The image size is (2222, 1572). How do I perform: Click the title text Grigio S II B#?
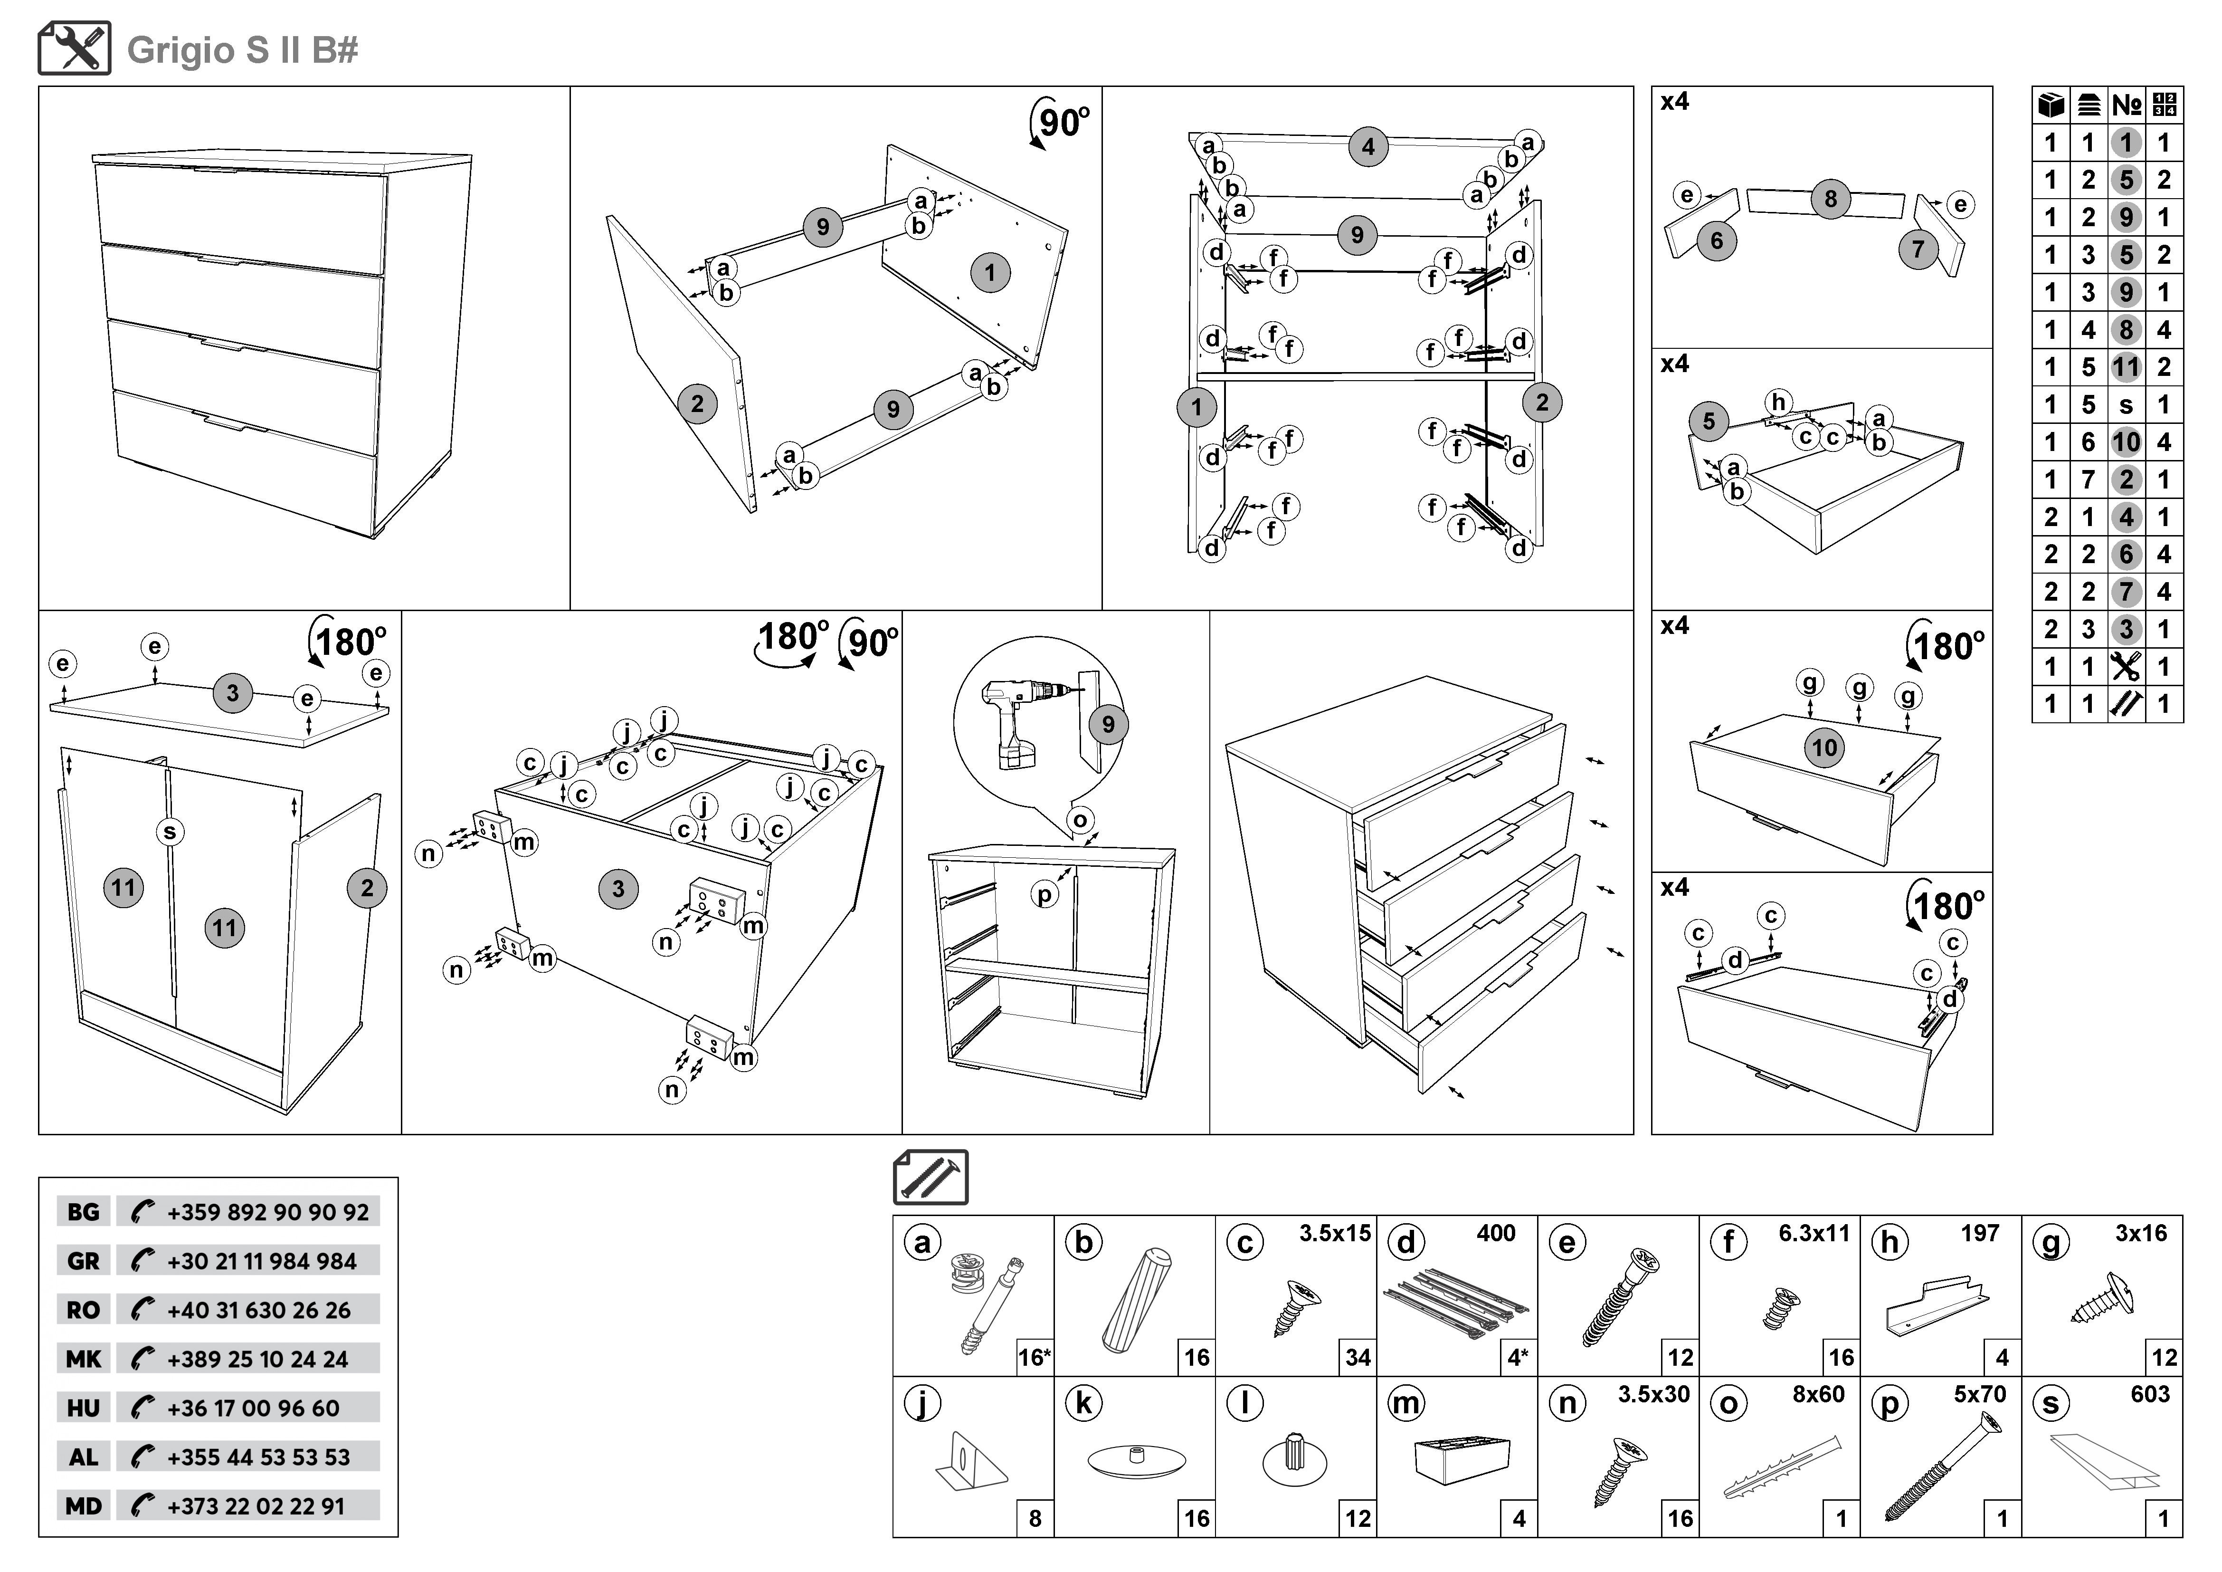click(x=242, y=50)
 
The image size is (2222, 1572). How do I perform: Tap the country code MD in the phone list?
click(x=83, y=1506)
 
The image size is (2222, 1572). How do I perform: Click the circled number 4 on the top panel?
click(x=1367, y=147)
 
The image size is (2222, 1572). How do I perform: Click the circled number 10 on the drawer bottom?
click(x=1824, y=748)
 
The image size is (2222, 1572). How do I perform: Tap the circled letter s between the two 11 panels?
click(x=171, y=832)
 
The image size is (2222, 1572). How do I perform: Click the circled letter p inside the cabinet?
click(x=1044, y=894)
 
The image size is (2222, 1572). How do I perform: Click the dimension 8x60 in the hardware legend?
click(x=1817, y=1395)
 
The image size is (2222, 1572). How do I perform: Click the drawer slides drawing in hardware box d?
click(x=1456, y=1305)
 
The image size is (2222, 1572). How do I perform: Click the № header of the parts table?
click(x=2126, y=105)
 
